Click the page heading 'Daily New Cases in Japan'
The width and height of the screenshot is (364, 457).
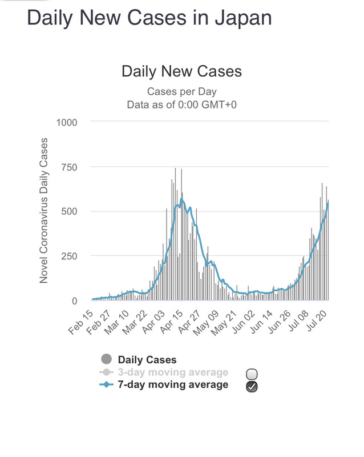(149, 18)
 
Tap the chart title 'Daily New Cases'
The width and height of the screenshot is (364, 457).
(181, 71)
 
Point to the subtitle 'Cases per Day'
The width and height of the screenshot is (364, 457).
(181, 91)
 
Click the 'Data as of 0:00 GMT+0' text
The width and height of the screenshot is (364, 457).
(181, 105)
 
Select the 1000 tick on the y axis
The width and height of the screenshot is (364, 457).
(67, 122)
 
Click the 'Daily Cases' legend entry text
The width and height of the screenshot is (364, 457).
(147, 360)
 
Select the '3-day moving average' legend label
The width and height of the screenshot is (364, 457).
(173, 372)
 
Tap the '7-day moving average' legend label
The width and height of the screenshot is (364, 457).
(173, 384)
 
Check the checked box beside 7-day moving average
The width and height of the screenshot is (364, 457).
(252, 387)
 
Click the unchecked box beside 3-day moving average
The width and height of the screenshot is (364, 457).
(252, 374)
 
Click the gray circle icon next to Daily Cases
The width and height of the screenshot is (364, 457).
(106, 360)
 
